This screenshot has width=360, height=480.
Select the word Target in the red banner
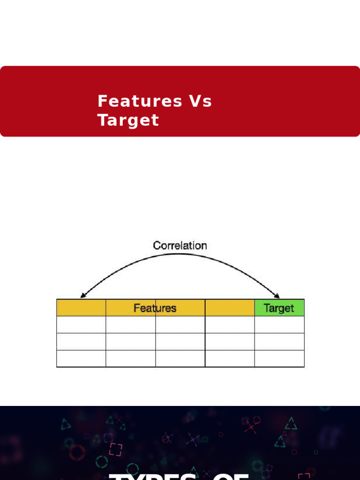tap(128, 120)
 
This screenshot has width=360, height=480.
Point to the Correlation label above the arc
tap(180, 245)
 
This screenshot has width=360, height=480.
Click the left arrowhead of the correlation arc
tap(82, 295)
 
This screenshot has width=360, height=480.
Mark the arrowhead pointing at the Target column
tap(277, 295)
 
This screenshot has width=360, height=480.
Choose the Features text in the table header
tap(155, 308)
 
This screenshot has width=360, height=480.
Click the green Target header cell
tap(279, 308)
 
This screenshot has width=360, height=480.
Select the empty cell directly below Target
tap(279, 324)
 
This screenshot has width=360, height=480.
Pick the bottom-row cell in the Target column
tap(279, 359)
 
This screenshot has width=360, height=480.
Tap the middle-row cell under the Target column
tap(279, 342)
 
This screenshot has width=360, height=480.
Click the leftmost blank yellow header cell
tap(81, 308)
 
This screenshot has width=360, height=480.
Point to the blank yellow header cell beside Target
tap(230, 308)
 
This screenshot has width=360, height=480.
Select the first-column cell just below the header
tap(81, 324)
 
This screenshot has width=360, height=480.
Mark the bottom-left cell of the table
tap(81, 359)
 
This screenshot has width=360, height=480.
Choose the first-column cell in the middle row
tap(81, 342)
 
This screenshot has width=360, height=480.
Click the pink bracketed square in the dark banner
tap(115, 449)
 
